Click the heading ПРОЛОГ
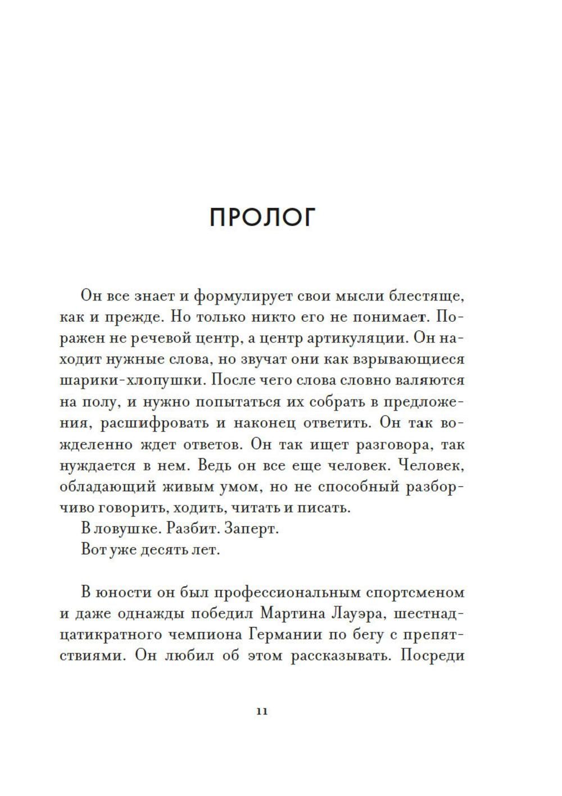click(262, 217)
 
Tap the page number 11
click(262, 710)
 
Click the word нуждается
click(96, 465)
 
